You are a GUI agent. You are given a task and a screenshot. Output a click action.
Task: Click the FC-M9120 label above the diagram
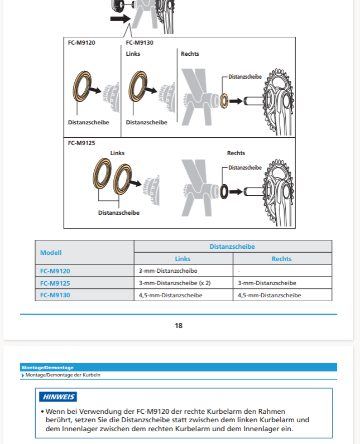(81, 42)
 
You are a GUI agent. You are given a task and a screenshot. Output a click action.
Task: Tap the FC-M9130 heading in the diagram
(140, 42)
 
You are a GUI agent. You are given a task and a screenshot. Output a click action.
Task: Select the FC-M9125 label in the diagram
(81, 143)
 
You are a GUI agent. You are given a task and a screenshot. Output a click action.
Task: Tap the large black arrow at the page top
(120, 18)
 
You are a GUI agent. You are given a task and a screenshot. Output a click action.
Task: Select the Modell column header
(51, 253)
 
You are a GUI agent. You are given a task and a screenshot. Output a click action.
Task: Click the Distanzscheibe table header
(232, 246)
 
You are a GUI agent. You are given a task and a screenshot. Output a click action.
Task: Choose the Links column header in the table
(183, 259)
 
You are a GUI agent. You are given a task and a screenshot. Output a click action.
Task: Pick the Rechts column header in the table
(281, 259)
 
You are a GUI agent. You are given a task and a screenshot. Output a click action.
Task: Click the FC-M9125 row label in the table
(55, 283)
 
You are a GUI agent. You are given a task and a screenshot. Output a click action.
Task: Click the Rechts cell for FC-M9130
(270, 295)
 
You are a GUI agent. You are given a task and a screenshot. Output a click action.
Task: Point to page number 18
(179, 326)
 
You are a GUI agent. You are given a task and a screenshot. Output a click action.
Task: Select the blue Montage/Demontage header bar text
(47, 368)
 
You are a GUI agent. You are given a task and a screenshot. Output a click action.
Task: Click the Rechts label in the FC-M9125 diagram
(236, 153)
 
